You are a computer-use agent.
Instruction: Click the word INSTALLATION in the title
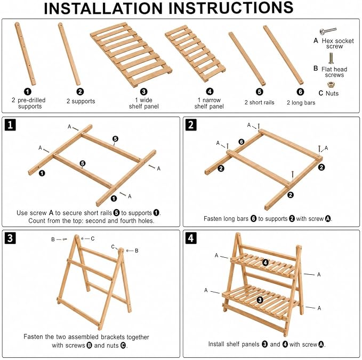coord(103,8)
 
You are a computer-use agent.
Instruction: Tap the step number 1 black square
coord(10,125)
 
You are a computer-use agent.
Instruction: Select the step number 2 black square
coord(191,125)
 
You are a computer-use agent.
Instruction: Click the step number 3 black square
coord(10,238)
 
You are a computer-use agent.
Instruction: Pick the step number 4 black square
coord(191,238)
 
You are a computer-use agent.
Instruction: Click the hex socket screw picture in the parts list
coord(328,31)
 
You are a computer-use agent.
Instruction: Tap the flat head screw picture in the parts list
coord(331,58)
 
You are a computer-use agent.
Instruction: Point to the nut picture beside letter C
coord(331,85)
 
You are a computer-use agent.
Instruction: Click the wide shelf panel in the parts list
coord(131,54)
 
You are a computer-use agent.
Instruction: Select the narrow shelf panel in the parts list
coord(195,53)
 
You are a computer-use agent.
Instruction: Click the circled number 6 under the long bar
coord(300,92)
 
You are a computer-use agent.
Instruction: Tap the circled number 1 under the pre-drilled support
coord(28,92)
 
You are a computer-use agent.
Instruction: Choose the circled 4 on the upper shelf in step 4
coord(266,262)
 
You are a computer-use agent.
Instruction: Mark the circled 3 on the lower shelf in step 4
coord(260,300)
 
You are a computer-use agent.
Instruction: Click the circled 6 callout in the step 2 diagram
coord(242,142)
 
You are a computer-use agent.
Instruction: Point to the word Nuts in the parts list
coord(332,93)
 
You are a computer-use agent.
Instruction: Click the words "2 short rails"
coord(259,102)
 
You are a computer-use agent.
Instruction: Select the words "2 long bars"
coord(301,103)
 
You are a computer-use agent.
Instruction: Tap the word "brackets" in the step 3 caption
coord(113,337)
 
